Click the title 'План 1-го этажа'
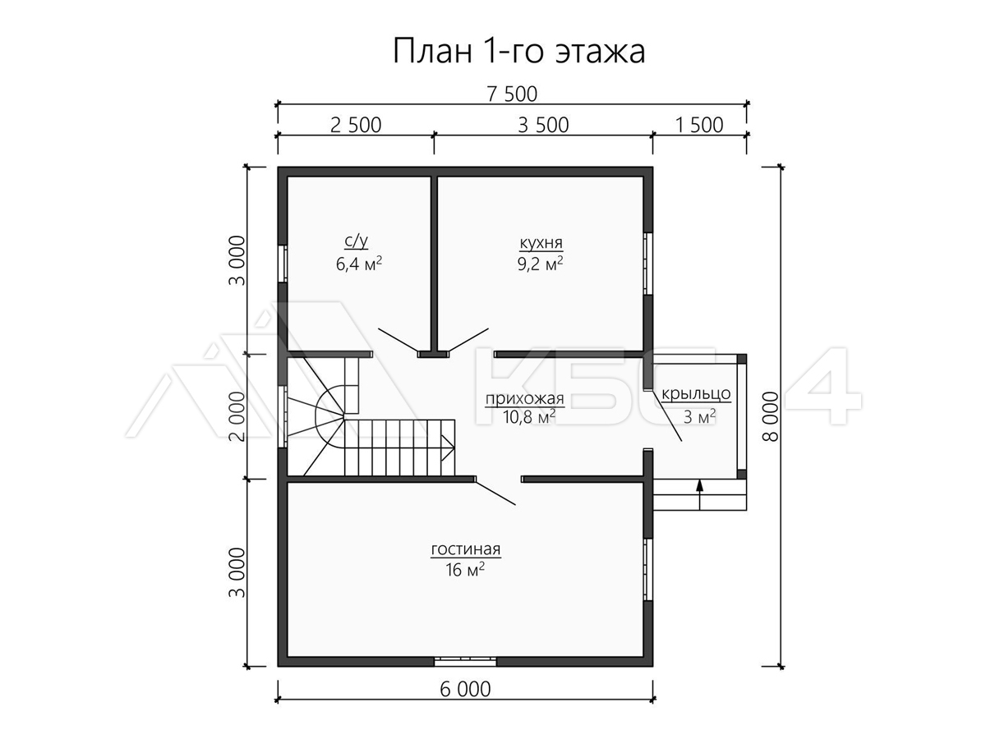(518, 51)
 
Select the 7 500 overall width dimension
(512, 94)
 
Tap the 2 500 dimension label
(356, 125)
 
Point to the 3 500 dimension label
(543, 125)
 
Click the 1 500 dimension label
(699, 125)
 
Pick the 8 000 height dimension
(771, 416)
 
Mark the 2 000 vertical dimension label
(237, 416)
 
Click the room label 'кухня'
(541, 243)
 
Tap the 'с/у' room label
(357, 241)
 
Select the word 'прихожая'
(524, 398)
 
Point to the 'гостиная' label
(465, 549)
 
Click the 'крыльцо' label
(696, 394)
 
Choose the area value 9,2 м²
(541, 264)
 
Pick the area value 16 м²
(465, 569)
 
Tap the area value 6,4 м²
(359, 264)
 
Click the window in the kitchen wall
(647, 264)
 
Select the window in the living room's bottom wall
(465, 661)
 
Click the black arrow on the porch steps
(699, 495)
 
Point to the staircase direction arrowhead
(448, 448)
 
